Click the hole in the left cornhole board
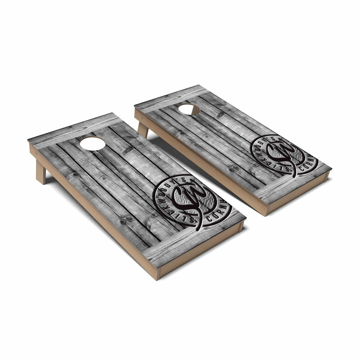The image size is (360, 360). (92, 143)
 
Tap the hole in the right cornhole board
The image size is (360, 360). (189, 109)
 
